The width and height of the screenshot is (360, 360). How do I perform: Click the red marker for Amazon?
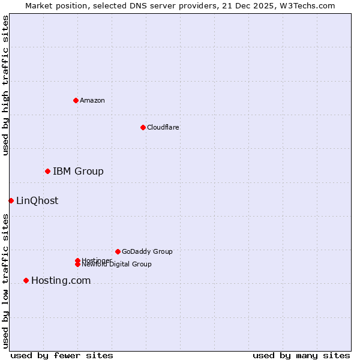pyautogui.click(x=76, y=100)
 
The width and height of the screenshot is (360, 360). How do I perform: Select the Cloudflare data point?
pyautogui.click(x=143, y=127)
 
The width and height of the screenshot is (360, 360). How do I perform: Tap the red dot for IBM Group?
pyautogui.click(x=47, y=172)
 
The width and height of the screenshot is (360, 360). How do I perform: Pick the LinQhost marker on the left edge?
pyautogui.click(x=11, y=200)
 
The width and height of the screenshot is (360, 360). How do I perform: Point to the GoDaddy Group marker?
pyautogui.click(x=118, y=251)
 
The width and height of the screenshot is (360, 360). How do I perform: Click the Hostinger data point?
pyautogui.click(x=77, y=260)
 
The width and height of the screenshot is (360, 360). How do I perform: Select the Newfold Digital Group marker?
pyautogui.click(x=77, y=264)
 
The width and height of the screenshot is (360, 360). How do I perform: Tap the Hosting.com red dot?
pyautogui.click(x=26, y=280)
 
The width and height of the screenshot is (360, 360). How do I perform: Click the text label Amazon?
pyautogui.click(x=92, y=100)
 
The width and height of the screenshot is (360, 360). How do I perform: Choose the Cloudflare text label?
pyautogui.click(x=163, y=127)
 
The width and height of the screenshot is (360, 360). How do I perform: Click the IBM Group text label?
pyautogui.click(x=78, y=172)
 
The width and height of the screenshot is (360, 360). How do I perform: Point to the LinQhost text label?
pyautogui.click(x=37, y=201)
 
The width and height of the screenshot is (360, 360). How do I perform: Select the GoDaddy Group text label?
pyautogui.click(x=147, y=251)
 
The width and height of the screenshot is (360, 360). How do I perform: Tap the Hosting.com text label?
pyautogui.click(x=61, y=281)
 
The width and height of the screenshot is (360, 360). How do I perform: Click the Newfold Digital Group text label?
pyautogui.click(x=117, y=265)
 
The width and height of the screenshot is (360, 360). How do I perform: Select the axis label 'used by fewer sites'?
pyautogui.click(x=62, y=355)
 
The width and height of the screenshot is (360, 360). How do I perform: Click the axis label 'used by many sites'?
pyautogui.click(x=301, y=355)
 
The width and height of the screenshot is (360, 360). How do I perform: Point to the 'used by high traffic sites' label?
pyautogui.click(x=5, y=85)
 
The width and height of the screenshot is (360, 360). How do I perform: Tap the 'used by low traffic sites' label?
pyautogui.click(x=5, y=281)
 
